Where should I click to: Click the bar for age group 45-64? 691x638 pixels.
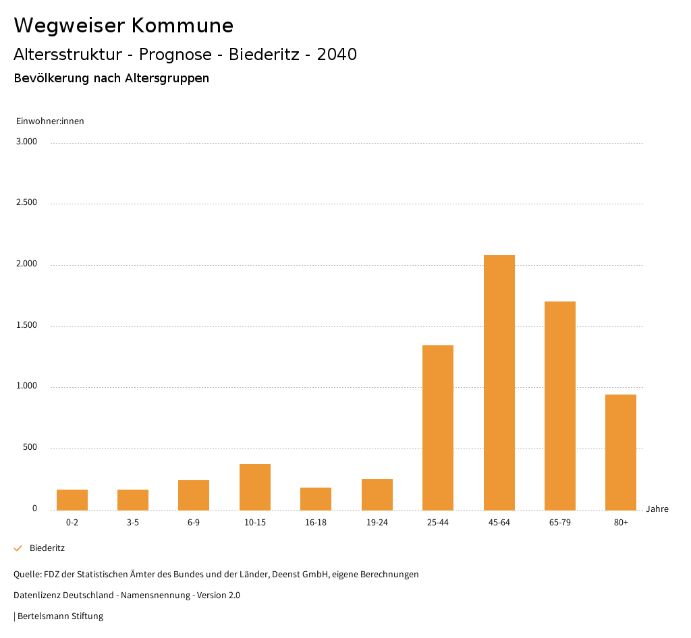click(499, 382)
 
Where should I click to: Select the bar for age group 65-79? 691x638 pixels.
click(559, 405)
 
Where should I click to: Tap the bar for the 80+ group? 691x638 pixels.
click(620, 452)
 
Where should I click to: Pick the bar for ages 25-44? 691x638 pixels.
click(438, 428)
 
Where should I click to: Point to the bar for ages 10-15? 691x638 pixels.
click(255, 487)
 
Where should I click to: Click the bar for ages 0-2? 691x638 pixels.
click(72, 500)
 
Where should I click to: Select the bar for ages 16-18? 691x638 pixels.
click(316, 498)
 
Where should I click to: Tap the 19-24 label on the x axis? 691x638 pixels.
click(377, 523)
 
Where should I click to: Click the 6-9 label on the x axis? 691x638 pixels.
click(194, 523)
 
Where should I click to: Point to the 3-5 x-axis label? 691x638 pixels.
click(133, 523)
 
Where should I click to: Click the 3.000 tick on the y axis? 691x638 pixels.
click(27, 142)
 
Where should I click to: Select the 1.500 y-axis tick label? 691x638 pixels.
click(27, 325)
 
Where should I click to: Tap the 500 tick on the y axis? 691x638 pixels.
click(30, 448)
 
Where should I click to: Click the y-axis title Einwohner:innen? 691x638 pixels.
click(50, 121)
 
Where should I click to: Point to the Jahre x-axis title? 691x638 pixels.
click(657, 509)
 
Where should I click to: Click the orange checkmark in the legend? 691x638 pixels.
click(18, 548)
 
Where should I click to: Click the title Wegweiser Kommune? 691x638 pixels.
click(123, 26)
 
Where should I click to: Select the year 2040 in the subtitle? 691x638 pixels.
click(337, 55)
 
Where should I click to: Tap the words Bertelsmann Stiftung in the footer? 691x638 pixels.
click(60, 616)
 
